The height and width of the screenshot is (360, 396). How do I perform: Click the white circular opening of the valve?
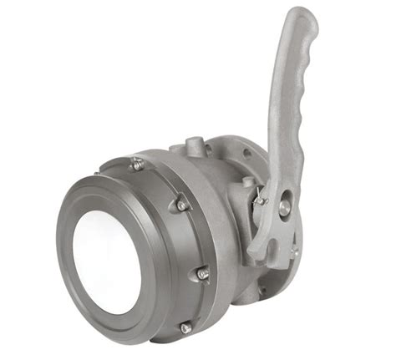(106, 260)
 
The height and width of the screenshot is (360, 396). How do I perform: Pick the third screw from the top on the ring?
(201, 272)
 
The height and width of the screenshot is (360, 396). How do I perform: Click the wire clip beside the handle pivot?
(261, 198)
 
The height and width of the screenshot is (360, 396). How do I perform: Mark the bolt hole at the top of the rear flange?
(248, 154)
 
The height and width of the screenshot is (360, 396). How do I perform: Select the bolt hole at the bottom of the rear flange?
(261, 292)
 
